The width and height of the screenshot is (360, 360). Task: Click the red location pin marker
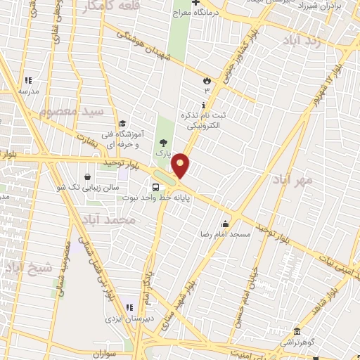pyautogui.click(x=181, y=165)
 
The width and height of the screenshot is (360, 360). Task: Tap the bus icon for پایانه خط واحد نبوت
pyautogui.click(x=156, y=187)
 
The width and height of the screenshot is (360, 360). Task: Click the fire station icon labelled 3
pyautogui.click(x=207, y=80)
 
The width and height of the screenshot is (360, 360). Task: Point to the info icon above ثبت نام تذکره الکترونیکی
pyautogui.click(x=204, y=105)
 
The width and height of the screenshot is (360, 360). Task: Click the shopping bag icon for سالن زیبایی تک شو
pyautogui.click(x=86, y=176)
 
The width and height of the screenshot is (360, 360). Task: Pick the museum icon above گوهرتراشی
pyautogui.click(x=297, y=332)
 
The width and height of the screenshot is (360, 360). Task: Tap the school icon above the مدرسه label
pyautogui.click(x=29, y=80)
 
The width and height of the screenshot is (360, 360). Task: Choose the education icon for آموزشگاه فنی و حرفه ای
pyautogui.click(x=124, y=122)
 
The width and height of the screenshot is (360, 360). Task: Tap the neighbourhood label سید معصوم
pyautogui.click(x=72, y=112)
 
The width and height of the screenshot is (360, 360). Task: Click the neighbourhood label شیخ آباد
pyautogui.click(x=29, y=268)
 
